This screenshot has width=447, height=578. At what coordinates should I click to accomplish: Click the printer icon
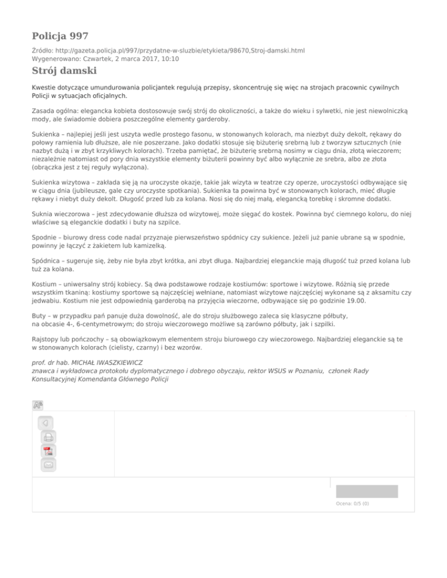[49, 437]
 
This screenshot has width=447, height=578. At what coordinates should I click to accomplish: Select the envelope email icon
[49, 465]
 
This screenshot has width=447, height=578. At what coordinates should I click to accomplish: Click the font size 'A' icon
[38, 405]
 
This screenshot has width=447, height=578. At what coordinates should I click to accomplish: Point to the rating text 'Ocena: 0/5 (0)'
[352, 504]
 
